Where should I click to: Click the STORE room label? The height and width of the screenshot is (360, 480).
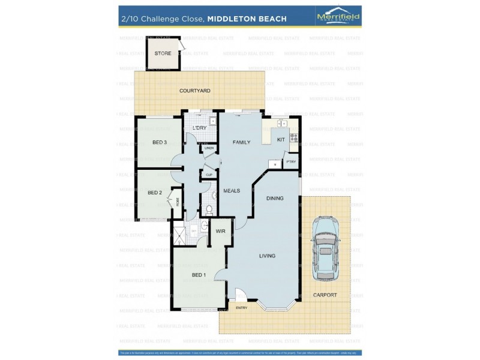pos(163,53)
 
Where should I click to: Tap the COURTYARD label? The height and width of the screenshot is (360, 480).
pos(194,91)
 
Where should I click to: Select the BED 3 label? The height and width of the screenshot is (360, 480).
pos(159,142)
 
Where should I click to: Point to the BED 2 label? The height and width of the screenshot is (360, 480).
pos(154,193)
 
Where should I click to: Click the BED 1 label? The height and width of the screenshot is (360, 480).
pos(199,275)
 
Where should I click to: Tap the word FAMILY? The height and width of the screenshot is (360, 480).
pos(241,142)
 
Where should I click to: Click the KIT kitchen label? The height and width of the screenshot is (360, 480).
pos(280,140)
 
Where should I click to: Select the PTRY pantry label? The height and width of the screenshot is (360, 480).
pos(291,162)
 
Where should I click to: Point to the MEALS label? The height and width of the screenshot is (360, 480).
pos(232,191)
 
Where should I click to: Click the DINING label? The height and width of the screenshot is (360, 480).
pos(275,197)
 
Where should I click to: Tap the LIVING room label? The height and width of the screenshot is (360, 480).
pos(267,256)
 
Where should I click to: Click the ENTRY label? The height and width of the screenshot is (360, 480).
pos(241,308)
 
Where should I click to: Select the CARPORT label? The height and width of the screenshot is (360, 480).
pos(325,295)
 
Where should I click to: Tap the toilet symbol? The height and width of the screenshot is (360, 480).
pos(209,210)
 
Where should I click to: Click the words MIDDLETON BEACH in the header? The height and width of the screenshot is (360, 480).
pos(247,19)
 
